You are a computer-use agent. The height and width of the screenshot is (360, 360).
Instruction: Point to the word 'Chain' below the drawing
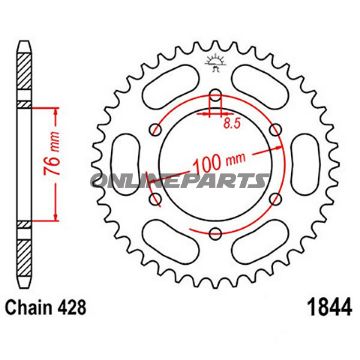33,336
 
